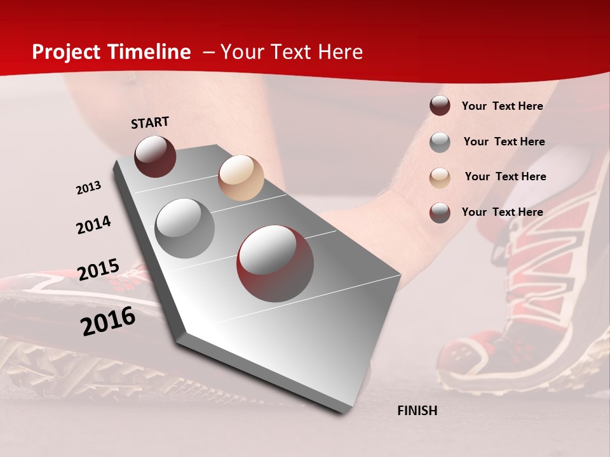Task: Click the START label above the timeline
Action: [x=150, y=123]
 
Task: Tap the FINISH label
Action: [x=417, y=411]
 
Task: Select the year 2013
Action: [x=89, y=188]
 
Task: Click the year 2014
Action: [x=93, y=225]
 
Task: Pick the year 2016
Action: [x=108, y=321]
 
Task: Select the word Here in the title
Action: [x=340, y=52]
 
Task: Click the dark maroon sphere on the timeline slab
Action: [x=155, y=156]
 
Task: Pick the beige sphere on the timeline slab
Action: [x=241, y=178]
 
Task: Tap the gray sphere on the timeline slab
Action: [x=185, y=228]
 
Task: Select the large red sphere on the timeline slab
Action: [x=275, y=263]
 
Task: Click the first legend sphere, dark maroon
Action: [x=440, y=105]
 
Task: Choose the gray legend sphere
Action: [x=440, y=142]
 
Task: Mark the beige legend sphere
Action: [x=440, y=178]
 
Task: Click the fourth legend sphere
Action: [x=440, y=213]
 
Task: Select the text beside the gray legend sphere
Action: [x=504, y=142]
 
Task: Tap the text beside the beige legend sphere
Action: [x=505, y=176]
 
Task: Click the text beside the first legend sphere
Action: [x=502, y=106]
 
